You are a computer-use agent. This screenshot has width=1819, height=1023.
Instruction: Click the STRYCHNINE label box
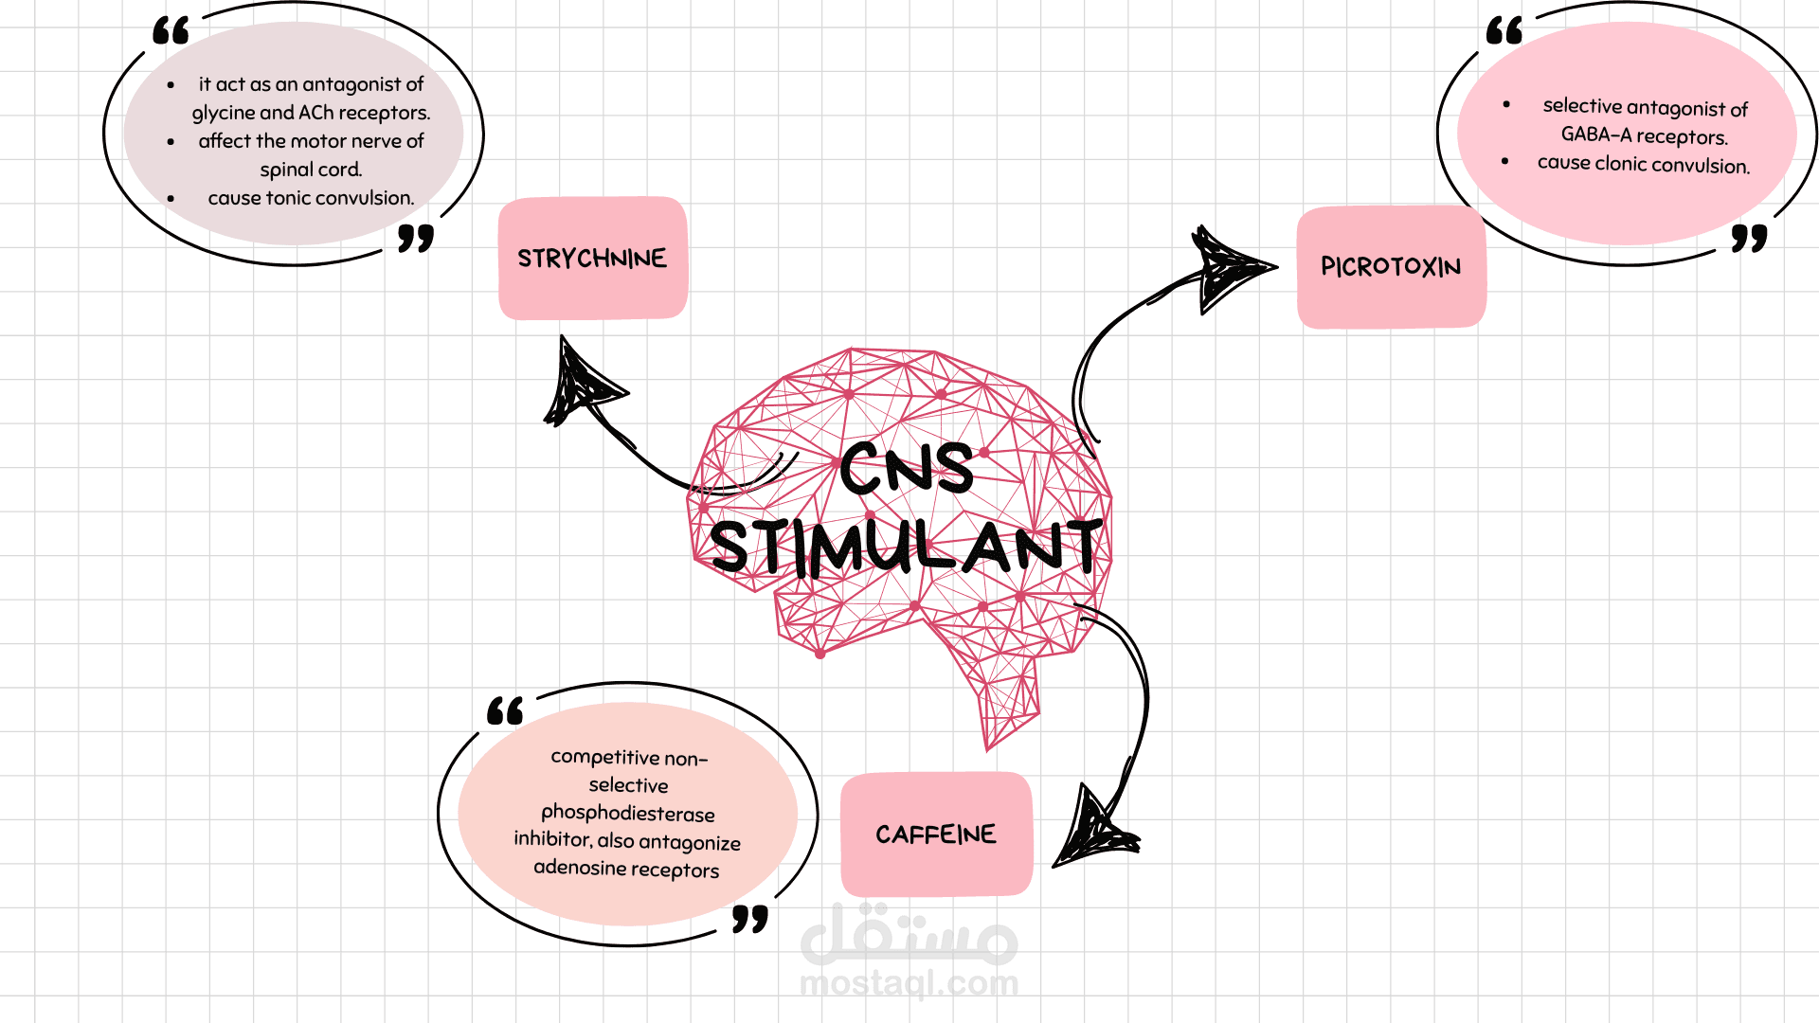(592, 258)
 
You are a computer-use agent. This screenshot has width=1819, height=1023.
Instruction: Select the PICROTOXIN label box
(1391, 267)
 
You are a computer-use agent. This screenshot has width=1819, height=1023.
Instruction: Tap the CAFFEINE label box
(936, 835)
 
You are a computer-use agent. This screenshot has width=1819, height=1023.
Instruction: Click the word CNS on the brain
(906, 469)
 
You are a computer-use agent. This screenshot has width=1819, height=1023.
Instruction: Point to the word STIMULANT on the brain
(907, 547)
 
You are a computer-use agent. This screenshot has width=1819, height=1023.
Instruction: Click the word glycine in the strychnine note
(224, 114)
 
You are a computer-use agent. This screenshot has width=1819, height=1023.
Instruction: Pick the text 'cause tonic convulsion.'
(311, 198)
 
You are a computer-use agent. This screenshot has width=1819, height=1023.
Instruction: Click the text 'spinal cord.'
(311, 170)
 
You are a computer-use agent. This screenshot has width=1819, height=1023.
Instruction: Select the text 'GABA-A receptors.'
(1644, 135)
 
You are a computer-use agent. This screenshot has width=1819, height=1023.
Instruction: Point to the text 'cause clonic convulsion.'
(1644, 164)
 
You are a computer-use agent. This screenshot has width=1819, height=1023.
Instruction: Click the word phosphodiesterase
(627, 813)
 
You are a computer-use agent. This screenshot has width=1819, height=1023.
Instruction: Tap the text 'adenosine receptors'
(626, 869)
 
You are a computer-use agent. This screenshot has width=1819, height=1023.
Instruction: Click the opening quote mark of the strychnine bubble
(171, 31)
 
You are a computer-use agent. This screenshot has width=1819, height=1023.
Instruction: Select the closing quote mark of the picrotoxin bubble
(1749, 238)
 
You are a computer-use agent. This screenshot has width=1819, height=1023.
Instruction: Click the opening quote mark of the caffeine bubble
(505, 711)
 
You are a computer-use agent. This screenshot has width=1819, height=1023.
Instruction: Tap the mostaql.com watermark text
(909, 983)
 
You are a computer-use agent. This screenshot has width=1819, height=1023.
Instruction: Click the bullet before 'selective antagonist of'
(1506, 105)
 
